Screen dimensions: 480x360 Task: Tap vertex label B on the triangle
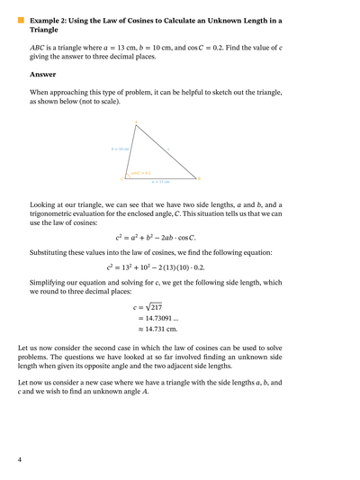click(x=200, y=178)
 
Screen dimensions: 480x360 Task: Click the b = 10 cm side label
click(x=120, y=149)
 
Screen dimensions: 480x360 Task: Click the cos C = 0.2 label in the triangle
click(x=140, y=172)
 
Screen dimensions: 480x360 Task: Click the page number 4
click(x=20, y=460)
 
